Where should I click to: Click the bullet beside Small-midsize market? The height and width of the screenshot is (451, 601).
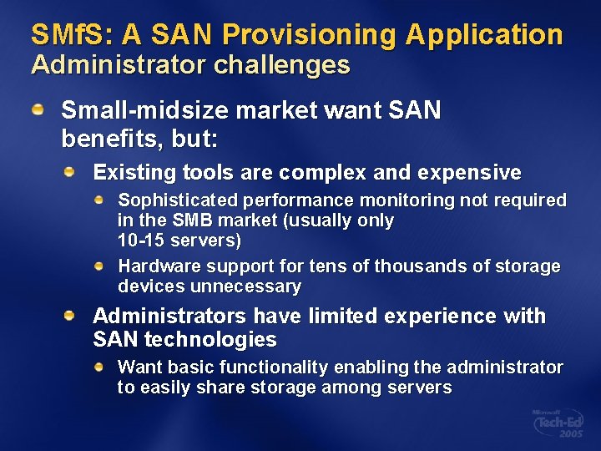(38, 110)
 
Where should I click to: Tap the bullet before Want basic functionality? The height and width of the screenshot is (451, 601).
(99, 367)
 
